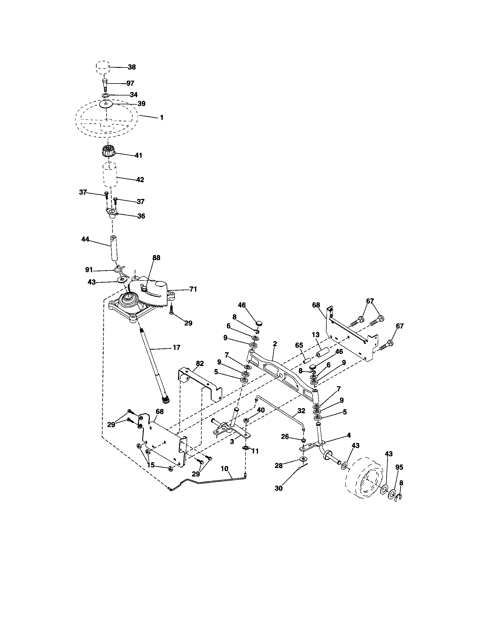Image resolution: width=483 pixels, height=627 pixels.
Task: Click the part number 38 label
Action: coord(132,67)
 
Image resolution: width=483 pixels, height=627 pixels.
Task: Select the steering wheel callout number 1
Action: coord(161,117)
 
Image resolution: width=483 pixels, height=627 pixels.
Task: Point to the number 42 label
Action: coord(140,180)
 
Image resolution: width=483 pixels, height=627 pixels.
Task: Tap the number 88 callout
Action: coord(156,258)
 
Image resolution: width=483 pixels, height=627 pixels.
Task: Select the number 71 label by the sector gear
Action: coord(193,289)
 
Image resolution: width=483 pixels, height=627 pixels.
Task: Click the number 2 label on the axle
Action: coord(275,344)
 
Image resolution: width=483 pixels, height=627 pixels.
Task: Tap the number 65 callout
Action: coord(299,345)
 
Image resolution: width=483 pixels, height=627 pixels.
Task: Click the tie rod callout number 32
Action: coord(301,411)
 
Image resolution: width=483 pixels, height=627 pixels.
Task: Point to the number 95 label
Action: coord(399,467)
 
